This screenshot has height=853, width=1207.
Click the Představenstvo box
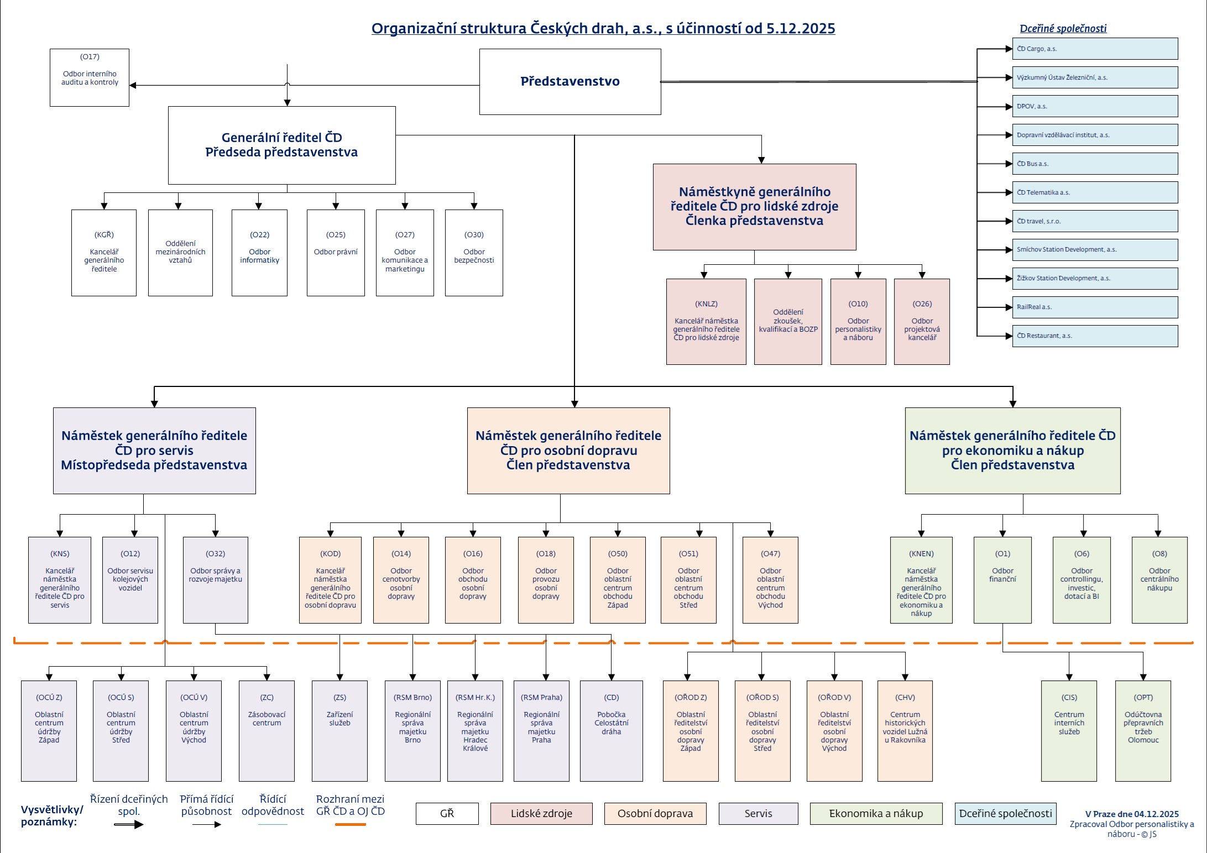(x=569, y=81)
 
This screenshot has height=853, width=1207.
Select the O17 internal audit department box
(x=90, y=77)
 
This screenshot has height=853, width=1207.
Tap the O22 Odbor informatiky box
(x=259, y=253)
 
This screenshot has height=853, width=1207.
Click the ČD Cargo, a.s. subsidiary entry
(x=1094, y=49)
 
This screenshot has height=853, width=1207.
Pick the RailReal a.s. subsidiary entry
(x=1094, y=307)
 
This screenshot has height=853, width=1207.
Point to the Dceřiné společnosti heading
(x=1063, y=29)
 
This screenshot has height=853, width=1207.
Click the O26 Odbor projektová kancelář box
(x=922, y=321)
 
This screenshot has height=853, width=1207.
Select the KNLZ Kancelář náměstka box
(x=706, y=321)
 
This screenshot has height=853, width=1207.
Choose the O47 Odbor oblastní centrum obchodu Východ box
(x=770, y=580)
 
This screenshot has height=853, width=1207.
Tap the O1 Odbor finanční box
(x=1002, y=580)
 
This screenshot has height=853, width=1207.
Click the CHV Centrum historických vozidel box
(x=905, y=730)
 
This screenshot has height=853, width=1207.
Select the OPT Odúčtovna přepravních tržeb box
(x=1143, y=730)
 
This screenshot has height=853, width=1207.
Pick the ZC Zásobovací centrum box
(x=267, y=730)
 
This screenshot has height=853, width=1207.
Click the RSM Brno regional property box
(x=412, y=730)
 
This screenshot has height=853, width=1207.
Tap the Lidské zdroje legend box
(x=541, y=813)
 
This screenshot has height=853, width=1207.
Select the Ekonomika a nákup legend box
(x=876, y=813)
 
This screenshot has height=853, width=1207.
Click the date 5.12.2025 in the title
(x=800, y=29)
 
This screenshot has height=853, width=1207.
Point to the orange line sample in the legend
(x=351, y=824)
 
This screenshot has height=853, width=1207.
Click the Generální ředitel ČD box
(x=281, y=145)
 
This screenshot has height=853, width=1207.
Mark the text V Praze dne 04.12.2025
(x=1132, y=814)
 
